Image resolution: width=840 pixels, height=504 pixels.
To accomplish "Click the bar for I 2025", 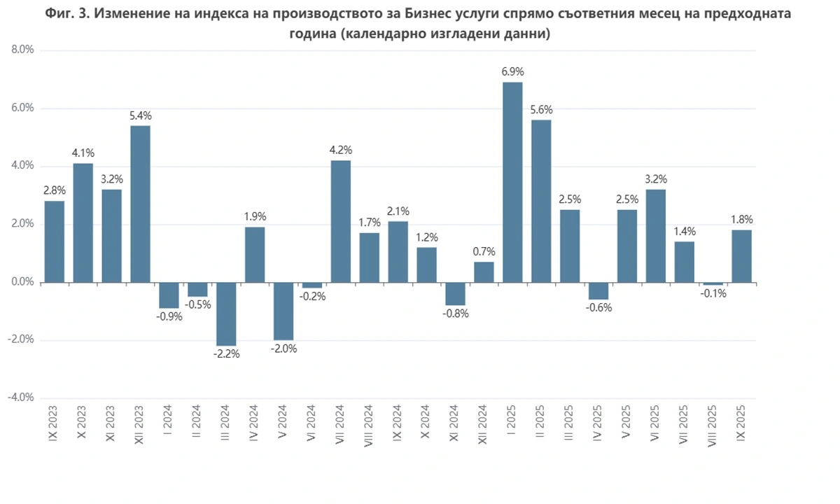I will (512, 182).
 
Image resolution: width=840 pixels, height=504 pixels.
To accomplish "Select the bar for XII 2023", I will (140, 204).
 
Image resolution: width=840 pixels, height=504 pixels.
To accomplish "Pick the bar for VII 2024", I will (341, 221).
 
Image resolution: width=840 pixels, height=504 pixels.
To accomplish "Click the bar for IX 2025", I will (742, 256).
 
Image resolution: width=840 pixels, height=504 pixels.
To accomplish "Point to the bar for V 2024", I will (283, 311).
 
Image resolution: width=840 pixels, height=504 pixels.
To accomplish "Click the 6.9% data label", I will (512, 71).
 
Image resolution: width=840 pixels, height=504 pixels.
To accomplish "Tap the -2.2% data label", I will (226, 354).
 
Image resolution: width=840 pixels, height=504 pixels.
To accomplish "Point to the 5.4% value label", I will (140, 115).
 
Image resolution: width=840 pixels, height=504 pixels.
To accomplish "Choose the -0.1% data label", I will (713, 293).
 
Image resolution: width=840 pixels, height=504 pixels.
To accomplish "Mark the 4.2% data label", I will (341, 150).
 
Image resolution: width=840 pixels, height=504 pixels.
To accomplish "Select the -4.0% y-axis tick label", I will (22, 398).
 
